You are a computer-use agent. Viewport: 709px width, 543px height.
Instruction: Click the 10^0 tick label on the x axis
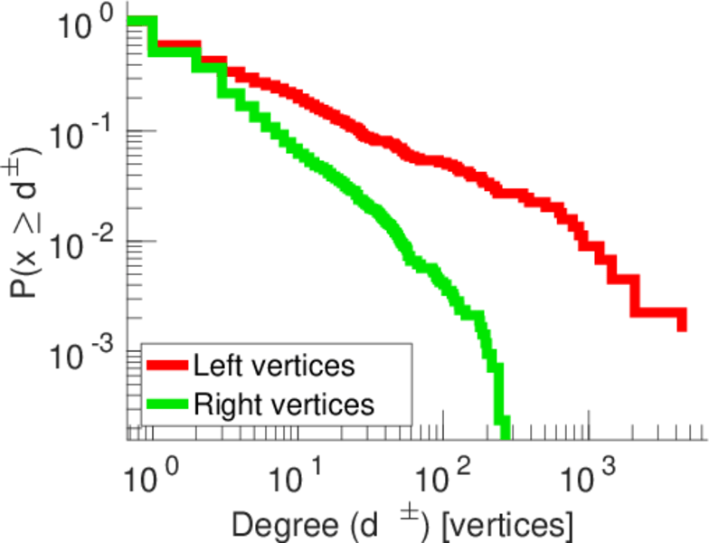[x=153, y=473]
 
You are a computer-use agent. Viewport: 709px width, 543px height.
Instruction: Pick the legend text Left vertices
[x=273, y=367]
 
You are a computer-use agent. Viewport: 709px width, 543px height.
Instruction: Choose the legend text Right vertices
[x=282, y=405]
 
